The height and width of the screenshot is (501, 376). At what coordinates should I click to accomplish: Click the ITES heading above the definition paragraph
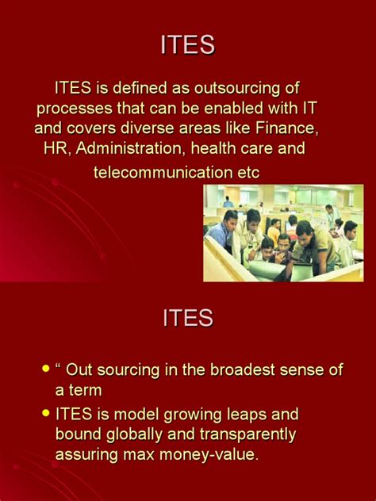[x=187, y=45]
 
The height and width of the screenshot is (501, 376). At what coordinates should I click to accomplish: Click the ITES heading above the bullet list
[x=187, y=318]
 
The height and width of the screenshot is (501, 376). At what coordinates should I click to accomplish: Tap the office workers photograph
[x=282, y=232]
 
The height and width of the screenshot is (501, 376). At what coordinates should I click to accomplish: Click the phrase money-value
[x=210, y=455]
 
